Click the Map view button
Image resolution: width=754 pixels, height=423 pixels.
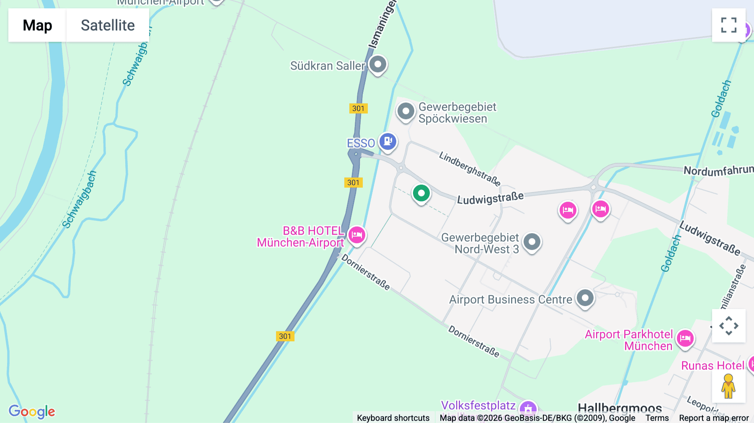click(x=37, y=25)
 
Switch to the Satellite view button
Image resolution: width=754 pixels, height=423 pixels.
click(x=108, y=25)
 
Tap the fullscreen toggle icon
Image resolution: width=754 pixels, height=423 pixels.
click(x=728, y=25)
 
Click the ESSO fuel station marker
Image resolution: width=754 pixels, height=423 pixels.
click(x=388, y=141)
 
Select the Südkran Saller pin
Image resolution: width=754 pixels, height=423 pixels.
click(x=378, y=64)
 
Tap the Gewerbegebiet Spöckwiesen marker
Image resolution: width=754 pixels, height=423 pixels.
click(x=405, y=111)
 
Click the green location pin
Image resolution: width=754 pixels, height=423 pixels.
click(x=421, y=193)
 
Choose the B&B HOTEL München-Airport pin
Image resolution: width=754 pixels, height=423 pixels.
click(x=356, y=235)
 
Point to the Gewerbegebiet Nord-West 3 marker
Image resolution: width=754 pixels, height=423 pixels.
click(x=532, y=242)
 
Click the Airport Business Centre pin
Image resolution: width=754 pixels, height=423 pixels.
click(x=585, y=298)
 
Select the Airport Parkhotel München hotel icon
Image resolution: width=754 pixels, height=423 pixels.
click(x=685, y=338)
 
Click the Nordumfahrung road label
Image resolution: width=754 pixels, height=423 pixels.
click(x=718, y=170)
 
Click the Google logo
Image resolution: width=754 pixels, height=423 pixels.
click(x=32, y=411)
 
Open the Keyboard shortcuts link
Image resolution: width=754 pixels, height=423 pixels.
click(x=393, y=418)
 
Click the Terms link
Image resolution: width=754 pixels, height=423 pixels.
click(x=657, y=418)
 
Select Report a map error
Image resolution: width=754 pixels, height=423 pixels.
click(x=714, y=418)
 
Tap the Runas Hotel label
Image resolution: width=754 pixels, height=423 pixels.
click(x=713, y=366)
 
